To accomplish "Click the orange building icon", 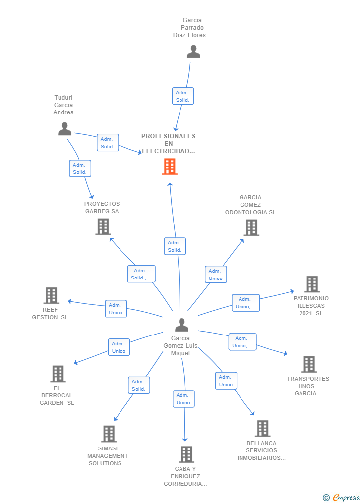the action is pyautogui.click(x=170, y=167).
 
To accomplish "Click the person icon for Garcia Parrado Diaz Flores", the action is pyautogui.click(x=193, y=52).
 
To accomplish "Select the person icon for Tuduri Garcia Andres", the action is pyautogui.click(x=64, y=129).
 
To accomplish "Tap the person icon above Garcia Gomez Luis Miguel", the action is pyautogui.click(x=181, y=325).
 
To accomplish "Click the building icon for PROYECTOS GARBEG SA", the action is pyautogui.click(x=103, y=227).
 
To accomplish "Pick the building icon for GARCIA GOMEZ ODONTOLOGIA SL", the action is pyautogui.click(x=251, y=228).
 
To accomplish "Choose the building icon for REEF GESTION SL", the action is pyautogui.click(x=51, y=295).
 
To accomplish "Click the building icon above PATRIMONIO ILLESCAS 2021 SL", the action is pyautogui.click(x=312, y=284).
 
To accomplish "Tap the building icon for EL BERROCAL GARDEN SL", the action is pyautogui.click(x=58, y=374).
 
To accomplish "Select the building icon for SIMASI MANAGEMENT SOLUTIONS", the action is pyautogui.click(x=109, y=434).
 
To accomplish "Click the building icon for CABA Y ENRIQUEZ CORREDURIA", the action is pyautogui.click(x=186, y=454).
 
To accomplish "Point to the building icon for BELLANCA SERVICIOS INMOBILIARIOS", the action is pyautogui.click(x=263, y=428).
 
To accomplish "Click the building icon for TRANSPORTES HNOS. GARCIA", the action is pyautogui.click(x=309, y=364).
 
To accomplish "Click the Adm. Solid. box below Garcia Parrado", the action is pyautogui.click(x=183, y=96).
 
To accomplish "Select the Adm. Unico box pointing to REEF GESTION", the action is pyautogui.click(x=116, y=309).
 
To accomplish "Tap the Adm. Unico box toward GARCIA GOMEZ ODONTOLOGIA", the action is pyautogui.click(x=216, y=274).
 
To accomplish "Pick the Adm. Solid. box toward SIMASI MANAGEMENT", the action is pyautogui.click(x=139, y=385).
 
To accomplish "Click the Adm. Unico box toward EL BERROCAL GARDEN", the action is pyautogui.click(x=119, y=347).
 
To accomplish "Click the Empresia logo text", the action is pyautogui.click(x=346, y=497).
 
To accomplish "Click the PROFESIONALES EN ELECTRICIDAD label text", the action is pyautogui.click(x=169, y=143).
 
